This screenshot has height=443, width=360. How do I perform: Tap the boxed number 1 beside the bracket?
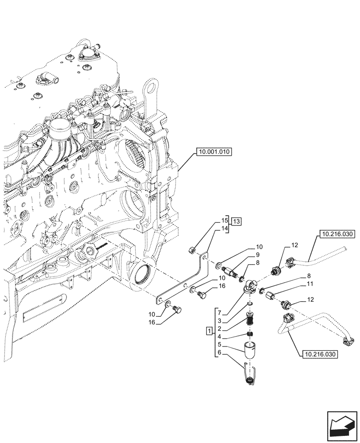209,331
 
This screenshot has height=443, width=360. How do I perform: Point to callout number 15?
224,220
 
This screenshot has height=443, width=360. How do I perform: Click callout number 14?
224,228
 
